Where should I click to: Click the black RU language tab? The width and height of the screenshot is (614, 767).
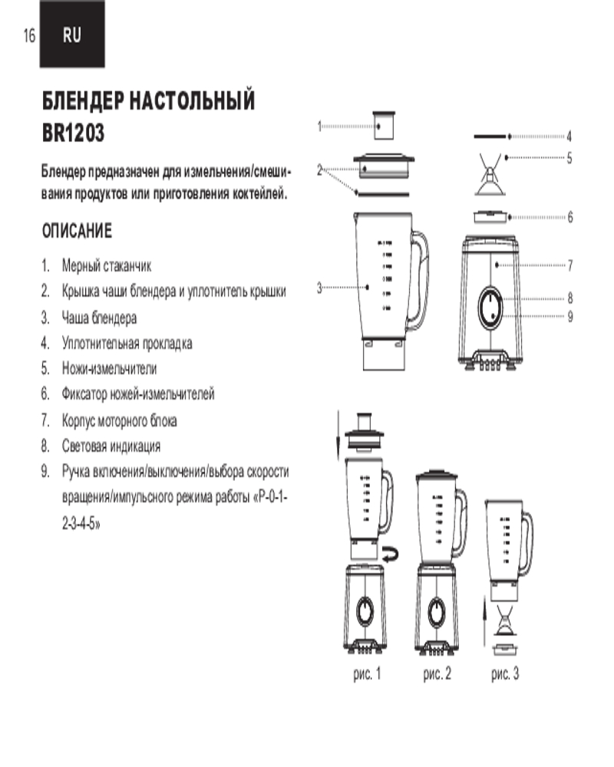coord(72,35)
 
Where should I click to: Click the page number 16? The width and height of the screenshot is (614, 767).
coord(29,35)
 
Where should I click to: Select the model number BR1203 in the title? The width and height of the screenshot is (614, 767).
coord(74,133)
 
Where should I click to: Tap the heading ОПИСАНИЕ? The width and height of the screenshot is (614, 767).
coord(77,231)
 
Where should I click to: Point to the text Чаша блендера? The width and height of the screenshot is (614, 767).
coord(99,318)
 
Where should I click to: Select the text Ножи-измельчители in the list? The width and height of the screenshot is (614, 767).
coord(109,368)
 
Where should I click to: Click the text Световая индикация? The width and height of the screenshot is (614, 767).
coord(111,446)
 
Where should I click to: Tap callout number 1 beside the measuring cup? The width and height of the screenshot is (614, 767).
coord(319,127)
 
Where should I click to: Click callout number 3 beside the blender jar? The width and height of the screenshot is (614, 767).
coord(319,288)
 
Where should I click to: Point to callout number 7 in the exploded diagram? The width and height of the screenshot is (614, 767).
coord(570,265)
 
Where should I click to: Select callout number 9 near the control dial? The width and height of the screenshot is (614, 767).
coord(570,317)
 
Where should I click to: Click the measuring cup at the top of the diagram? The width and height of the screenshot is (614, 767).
coord(384,126)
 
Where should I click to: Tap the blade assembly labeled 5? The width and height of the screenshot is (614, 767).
coord(490,175)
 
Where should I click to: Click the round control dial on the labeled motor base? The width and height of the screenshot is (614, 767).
coord(490,308)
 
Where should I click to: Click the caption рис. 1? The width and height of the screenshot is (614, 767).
coord(367,673)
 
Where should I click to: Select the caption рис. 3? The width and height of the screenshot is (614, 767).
coord(505,673)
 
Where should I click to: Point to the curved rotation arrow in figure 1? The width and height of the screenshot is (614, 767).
coord(390,554)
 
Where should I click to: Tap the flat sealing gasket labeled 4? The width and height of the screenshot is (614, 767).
coord(490,137)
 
